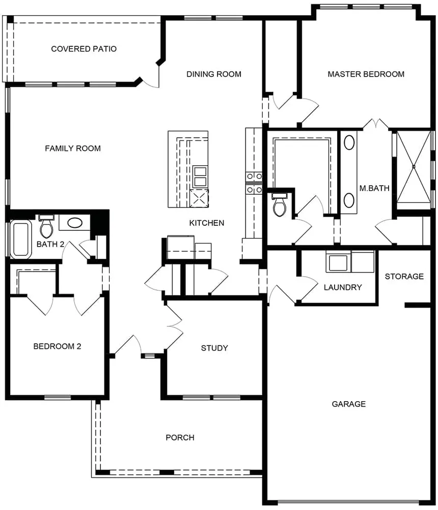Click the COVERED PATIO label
[84, 49]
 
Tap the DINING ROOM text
[213, 74]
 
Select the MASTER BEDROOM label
[366, 74]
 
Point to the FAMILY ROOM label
[73, 148]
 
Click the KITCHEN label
[206, 223]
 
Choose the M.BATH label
[374, 188]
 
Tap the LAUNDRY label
[343, 287]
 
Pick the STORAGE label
[404, 277]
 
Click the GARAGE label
[349, 404]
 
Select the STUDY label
[214, 348]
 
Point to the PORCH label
[180, 437]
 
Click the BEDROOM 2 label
[57, 347]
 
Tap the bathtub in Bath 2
[21, 238]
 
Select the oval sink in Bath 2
[75, 223]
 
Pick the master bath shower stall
[413, 166]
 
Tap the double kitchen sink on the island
[200, 176]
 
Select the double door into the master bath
[376, 124]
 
